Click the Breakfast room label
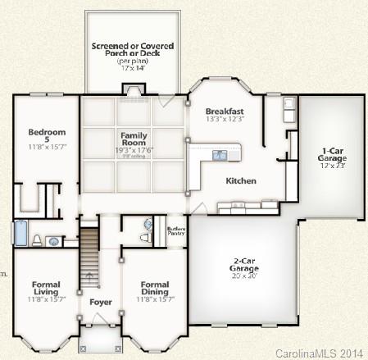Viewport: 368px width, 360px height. [x=224, y=111]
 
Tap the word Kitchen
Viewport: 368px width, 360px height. [x=241, y=180]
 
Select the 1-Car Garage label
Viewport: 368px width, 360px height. [x=332, y=154]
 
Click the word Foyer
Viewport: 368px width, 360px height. [x=99, y=302]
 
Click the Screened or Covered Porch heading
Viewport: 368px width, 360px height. [x=133, y=51]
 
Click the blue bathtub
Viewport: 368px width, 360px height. [x=19, y=234]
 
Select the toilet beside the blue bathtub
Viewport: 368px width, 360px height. [x=36, y=240]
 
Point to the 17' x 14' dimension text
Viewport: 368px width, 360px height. [x=133, y=69]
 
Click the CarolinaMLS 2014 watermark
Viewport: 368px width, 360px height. [x=319, y=353]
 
